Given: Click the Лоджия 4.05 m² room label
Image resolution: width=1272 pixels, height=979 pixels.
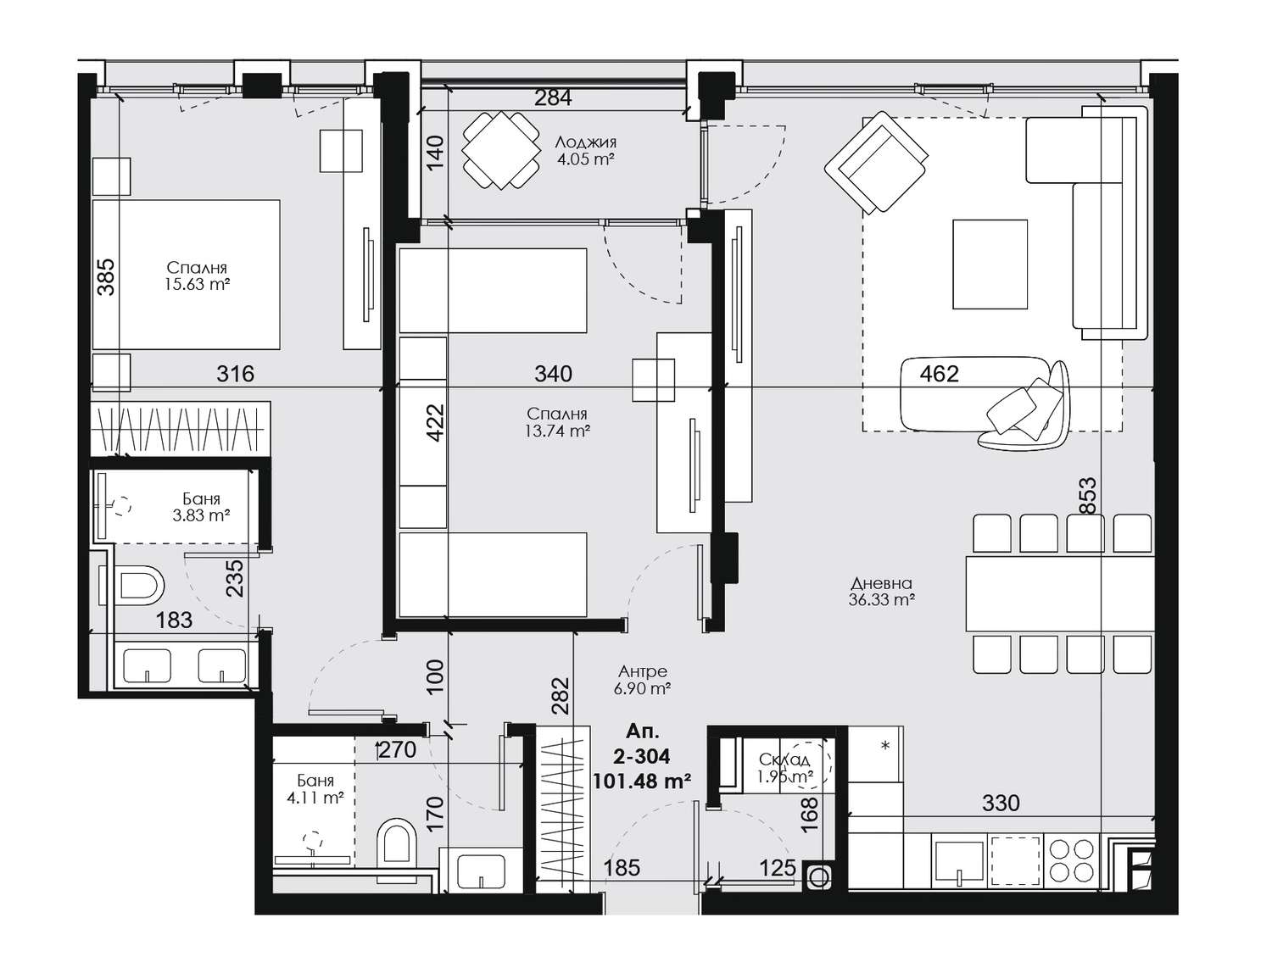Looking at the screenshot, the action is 585,150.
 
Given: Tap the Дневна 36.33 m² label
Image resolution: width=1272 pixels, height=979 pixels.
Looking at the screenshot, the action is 882,592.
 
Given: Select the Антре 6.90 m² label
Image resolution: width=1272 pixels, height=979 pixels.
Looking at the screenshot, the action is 642,680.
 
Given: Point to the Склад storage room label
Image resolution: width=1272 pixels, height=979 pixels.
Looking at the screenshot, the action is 784,759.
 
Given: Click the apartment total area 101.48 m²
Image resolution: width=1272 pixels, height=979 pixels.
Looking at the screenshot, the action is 642,781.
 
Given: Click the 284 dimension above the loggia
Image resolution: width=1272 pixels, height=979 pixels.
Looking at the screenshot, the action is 553,97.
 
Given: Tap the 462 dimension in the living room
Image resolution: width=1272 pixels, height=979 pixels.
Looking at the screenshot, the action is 939,374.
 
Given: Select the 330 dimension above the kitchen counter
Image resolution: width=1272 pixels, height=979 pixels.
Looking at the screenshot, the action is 1001,803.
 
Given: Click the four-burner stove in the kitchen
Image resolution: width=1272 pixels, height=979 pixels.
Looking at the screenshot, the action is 1073,860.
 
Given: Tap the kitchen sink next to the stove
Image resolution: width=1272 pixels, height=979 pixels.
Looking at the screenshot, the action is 959,860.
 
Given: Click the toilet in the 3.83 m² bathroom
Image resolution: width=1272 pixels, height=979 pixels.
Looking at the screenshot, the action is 139,585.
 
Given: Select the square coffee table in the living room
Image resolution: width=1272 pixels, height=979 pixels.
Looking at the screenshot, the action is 990,264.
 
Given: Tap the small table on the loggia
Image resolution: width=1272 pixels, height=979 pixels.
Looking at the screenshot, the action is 500,150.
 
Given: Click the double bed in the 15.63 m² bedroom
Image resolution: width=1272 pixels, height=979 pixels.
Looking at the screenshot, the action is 187,275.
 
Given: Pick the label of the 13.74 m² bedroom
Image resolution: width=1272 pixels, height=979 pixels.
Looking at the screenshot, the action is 556,422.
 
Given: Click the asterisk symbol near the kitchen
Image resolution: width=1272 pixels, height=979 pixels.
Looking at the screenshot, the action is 885,746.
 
